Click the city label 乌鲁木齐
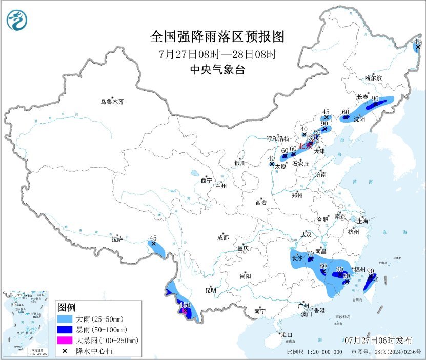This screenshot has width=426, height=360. (x=112, y=102)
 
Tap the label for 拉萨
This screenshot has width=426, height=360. (x=117, y=238)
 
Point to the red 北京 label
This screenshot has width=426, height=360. (x=306, y=145)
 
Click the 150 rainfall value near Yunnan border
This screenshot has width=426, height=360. (x=186, y=305)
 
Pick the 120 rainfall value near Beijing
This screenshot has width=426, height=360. (x=316, y=132)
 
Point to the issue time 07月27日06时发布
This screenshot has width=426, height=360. (x=378, y=340)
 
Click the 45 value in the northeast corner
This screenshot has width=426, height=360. (x=417, y=41)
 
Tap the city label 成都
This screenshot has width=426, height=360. (x=222, y=237)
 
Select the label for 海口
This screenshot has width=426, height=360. (x=287, y=334)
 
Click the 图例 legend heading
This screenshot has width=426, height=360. (x=67, y=307)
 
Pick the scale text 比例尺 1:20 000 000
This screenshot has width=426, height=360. (x=314, y=352)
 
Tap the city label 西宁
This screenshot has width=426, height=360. (x=206, y=181)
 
